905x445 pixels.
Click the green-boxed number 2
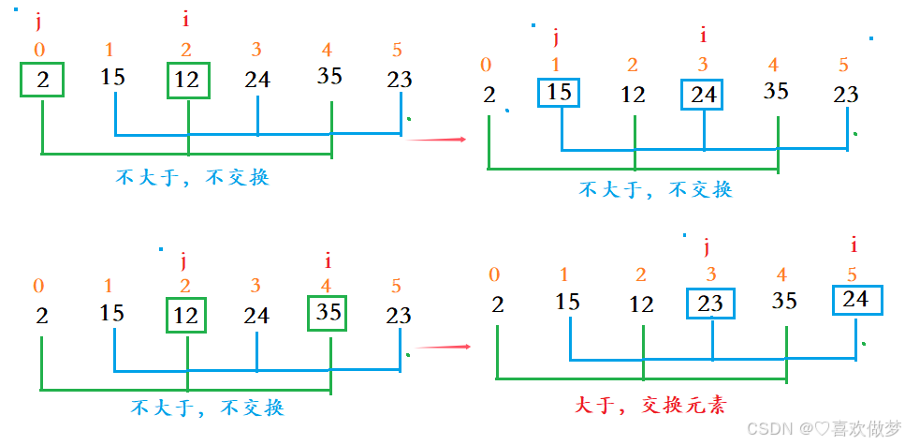(x=43, y=80)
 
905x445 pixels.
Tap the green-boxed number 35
(x=328, y=312)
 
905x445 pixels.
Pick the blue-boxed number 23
(x=711, y=303)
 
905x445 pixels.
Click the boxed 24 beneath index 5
(x=855, y=300)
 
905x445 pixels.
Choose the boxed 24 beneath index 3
(x=703, y=94)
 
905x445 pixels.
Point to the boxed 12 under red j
(x=186, y=316)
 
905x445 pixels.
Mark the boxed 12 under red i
(x=188, y=81)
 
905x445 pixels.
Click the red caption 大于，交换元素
(x=650, y=405)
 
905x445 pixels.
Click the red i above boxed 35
(x=328, y=260)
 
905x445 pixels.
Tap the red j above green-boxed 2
(x=38, y=22)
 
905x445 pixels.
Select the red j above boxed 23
(x=708, y=246)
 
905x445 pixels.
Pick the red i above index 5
(x=854, y=245)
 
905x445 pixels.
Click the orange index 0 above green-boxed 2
(x=39, y=50)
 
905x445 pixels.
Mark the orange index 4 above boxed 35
(x=327, y=287)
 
